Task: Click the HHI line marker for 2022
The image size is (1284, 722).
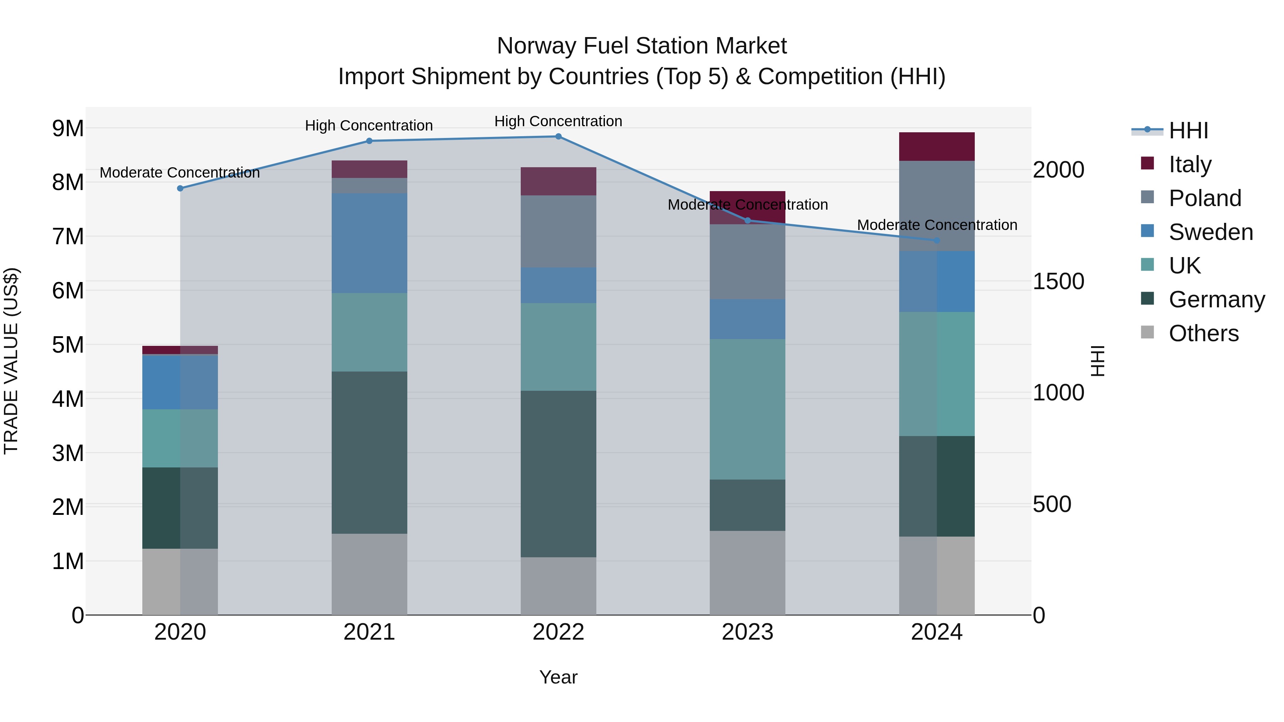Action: [x=558, y=137]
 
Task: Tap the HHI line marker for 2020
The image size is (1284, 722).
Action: [x=180, y=188]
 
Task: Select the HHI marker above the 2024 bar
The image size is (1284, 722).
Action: [x=937, y=241]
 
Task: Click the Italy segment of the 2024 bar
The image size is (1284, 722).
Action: [x=937, y=147]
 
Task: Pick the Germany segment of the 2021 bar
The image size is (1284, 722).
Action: [x=370, y=452]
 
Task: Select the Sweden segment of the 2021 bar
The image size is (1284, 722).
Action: [x=370, y=243]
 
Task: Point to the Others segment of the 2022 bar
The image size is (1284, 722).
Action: [x=558, y=586]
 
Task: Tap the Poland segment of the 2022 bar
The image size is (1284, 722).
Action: [x=558, y=232]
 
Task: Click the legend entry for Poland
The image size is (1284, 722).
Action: [x=1204, y=198]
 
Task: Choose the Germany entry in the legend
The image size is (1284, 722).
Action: [x=1216, y=300]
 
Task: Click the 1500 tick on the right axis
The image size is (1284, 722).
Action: [x=1058, y=282]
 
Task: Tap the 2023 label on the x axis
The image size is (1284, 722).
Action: [x=747, y=632]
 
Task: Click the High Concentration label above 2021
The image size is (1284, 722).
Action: [x=369, y=126]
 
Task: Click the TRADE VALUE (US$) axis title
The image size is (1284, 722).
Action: [x=11, y=361]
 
